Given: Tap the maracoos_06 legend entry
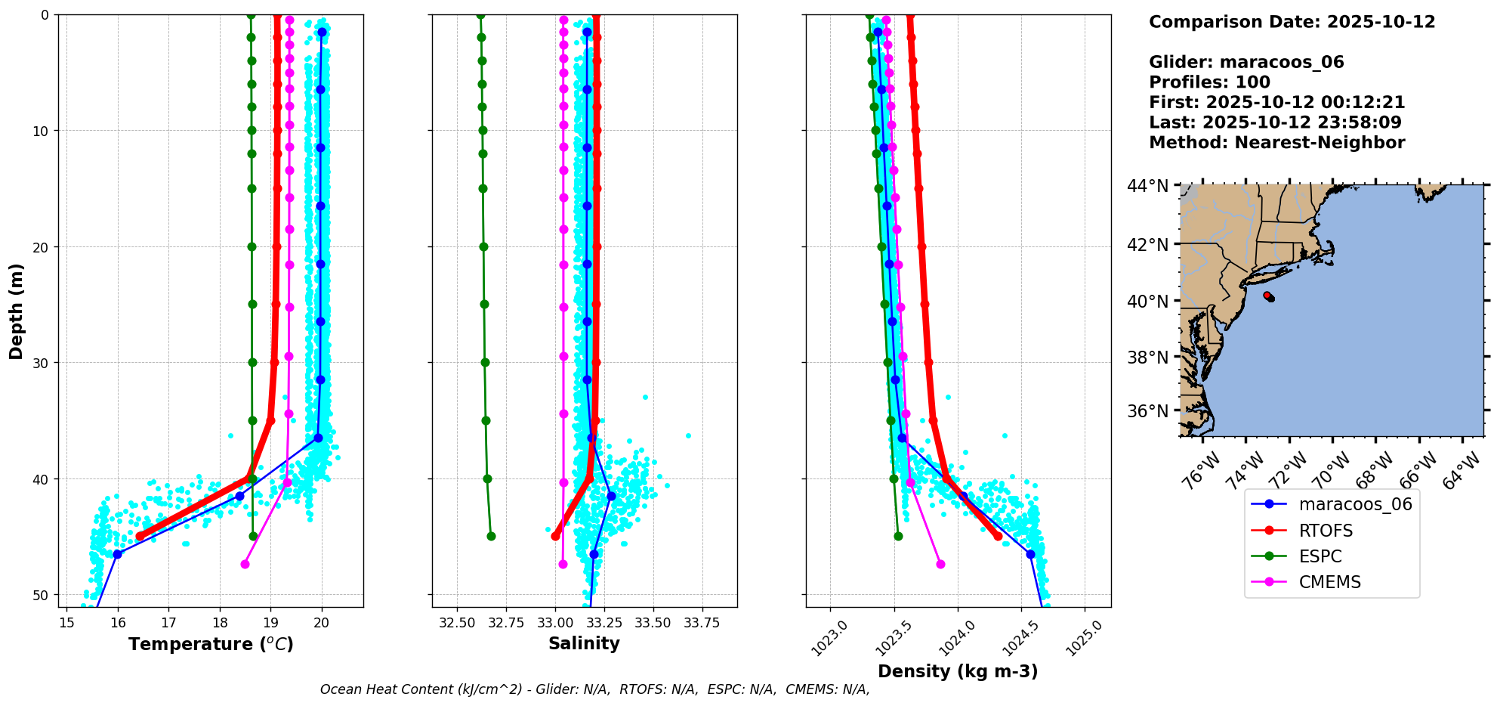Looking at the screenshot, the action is tap(1332, 504).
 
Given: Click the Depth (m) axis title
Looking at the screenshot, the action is tap(17, 311).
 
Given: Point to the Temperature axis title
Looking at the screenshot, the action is tap(211, 644).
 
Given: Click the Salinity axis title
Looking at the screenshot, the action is tap(584, 643).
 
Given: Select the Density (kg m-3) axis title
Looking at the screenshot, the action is tap(958, 671).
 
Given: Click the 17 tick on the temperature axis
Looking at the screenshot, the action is tap(168, 622).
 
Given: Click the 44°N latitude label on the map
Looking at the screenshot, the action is tap(1148, 186).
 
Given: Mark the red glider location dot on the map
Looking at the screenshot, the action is tap(1267, 295).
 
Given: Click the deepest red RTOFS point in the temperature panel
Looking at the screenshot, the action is tap(140, 536).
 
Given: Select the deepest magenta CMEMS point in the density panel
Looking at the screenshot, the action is tap(940, 564).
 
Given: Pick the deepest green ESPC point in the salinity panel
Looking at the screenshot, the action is tap(491, 536).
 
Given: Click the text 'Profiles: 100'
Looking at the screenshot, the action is tap(1209, 82).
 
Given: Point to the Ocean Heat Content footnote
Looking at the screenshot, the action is tap(595, 689).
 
